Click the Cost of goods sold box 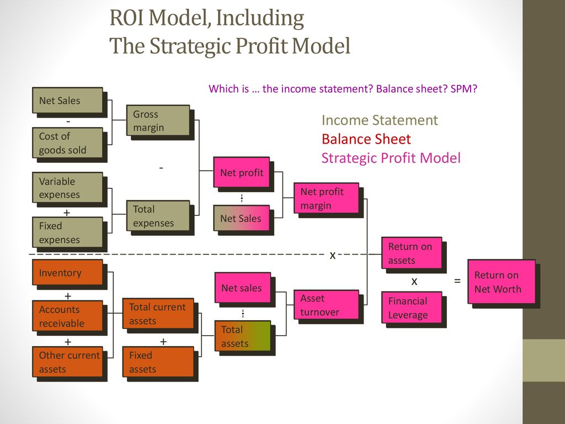68,143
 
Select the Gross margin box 158,120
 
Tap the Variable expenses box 68,188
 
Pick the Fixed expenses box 68,232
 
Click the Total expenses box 158,216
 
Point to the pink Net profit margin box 327,198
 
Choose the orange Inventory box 68,272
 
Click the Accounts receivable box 68,316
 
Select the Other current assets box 68,362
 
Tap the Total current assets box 158,314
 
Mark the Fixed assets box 158,362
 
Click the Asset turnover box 327,305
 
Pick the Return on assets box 412,253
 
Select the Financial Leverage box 412,307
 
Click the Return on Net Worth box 502,282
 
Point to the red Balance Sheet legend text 366,139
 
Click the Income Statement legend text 380,120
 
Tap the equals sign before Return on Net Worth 457,280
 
